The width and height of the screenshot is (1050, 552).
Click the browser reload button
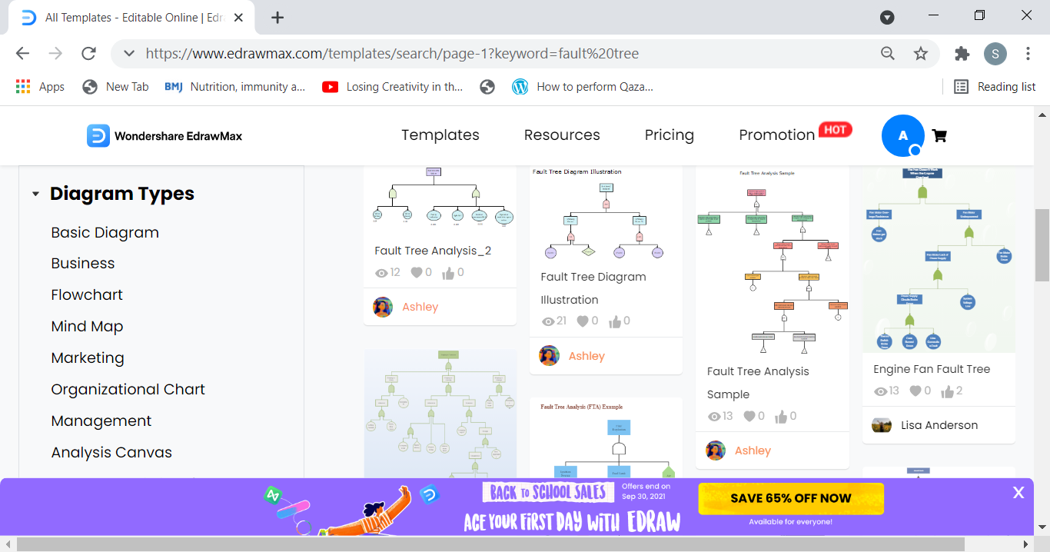(88, 53)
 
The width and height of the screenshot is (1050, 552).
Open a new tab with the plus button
(277, 18)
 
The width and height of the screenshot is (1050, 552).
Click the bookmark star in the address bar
(920, 53)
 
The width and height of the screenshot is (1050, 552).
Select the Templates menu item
(440, 135)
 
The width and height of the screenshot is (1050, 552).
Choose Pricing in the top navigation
(669, 135)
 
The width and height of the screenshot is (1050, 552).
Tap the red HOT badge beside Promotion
(835, 130)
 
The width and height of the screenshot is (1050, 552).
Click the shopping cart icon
(939, 136)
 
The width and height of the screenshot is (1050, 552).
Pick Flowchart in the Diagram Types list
(87, 294)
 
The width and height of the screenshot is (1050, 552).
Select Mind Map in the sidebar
(87, 326)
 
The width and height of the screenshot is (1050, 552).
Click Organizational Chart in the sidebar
(128, 389)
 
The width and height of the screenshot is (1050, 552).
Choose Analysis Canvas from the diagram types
(111, 452)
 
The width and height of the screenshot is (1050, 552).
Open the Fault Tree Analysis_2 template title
(433, 251)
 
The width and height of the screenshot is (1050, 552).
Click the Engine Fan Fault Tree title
(932, 369)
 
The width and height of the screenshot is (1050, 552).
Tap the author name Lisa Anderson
(939, 425)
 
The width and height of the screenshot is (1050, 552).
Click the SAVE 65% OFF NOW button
(790, 498)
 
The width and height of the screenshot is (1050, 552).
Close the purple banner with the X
(1018, 493)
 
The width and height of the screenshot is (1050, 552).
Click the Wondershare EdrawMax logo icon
(98, 135)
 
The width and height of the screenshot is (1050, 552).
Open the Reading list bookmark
(995, 87)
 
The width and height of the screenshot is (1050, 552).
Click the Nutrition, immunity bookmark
(235, 87)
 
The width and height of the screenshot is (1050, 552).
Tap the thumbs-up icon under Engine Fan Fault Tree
(947, 391)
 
